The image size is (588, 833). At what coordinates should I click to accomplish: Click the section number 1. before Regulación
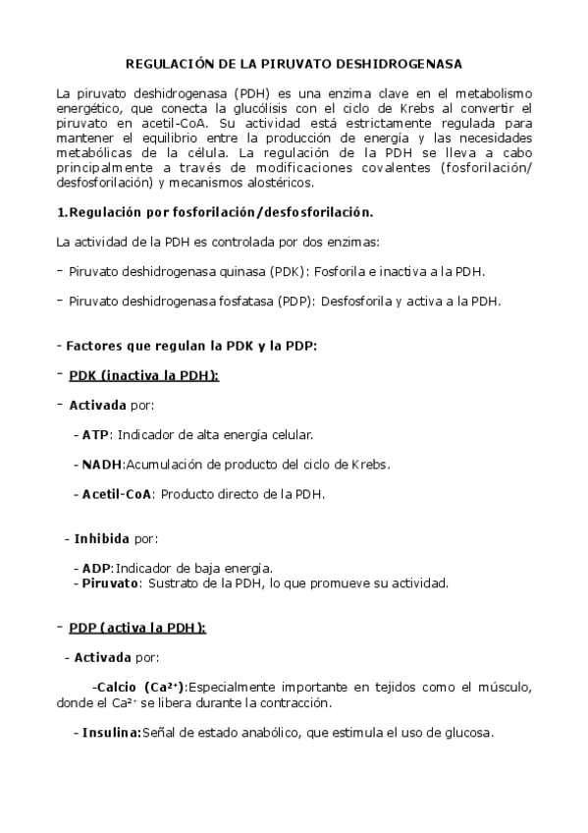click(x=62, y=211)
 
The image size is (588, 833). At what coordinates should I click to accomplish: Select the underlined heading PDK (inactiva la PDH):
click(x=143, y=375)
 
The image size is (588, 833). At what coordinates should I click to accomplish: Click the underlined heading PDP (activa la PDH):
click(x=137, y=628)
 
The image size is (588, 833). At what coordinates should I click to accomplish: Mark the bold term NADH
click(x=101, y=464)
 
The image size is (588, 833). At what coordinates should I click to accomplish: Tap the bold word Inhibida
click(x=102, y=538)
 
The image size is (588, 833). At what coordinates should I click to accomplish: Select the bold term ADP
click(x=96, y=568)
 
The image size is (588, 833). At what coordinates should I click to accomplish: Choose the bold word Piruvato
click(x=109, y=583)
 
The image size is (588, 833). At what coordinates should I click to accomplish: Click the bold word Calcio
click(x=118, y=687)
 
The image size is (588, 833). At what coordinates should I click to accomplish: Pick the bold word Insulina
click(x=112, y=732)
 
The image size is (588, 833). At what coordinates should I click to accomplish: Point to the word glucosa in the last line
click(x=466, y=732)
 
